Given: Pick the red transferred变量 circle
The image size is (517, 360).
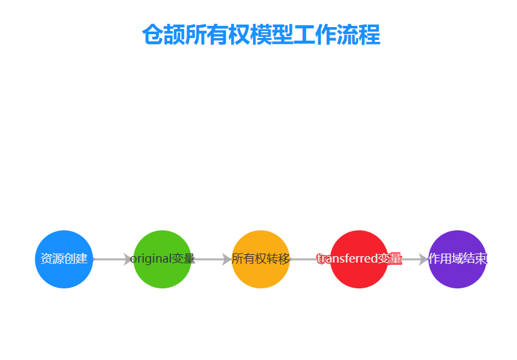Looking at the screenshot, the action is [359, 274].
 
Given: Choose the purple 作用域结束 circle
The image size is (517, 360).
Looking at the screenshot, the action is [457, 274].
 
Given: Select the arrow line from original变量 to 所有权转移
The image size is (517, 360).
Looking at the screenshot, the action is [210, 259].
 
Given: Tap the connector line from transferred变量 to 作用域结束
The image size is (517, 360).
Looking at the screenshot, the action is [411, 259].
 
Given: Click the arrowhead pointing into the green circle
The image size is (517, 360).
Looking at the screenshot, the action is [128, 259].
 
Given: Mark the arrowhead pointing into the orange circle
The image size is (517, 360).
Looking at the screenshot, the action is [227, 259].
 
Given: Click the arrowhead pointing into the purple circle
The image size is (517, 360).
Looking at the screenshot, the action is [423, 259].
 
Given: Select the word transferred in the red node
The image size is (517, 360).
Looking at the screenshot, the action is [347, 259].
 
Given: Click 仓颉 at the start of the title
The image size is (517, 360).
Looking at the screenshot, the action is [153, 35].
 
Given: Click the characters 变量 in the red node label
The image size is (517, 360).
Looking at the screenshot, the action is [390, 259].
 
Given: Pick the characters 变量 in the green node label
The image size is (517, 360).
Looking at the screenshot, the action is [184, 259].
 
